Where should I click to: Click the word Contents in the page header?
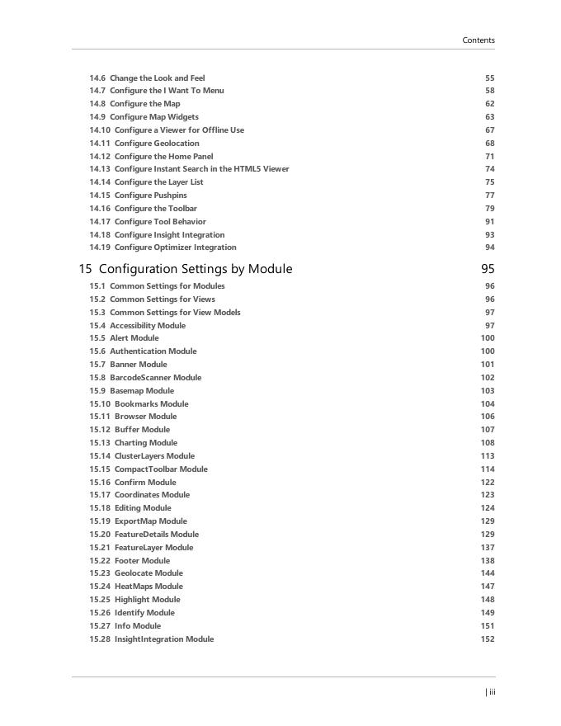[478, 40]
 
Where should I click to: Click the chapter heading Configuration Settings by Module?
[195, 269]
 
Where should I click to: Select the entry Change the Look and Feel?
[157, 78]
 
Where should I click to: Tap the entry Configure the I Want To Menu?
[167, 91]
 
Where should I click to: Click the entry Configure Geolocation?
[157, 144]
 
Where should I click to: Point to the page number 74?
[490, 169]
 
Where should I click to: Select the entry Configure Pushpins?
[150, 196]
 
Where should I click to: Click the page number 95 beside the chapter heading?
[488, 269]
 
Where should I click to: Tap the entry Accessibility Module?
[148, 326]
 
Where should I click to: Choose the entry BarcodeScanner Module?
[155, 378]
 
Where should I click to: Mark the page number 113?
[488, 456]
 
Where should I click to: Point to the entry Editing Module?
[143, 508]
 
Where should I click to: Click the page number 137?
[488, 548]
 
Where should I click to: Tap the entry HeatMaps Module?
[148, 587]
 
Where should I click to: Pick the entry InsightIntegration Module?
[164, 639]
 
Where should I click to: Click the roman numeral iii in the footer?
[492, 692]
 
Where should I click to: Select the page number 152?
[488, 639]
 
